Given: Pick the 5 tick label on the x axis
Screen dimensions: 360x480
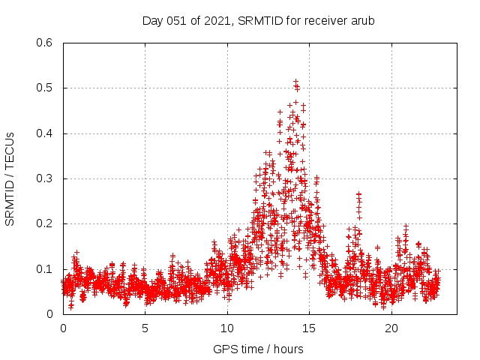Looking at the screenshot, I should click(145, 328).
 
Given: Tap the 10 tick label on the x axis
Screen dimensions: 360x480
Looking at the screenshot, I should click(227, 328).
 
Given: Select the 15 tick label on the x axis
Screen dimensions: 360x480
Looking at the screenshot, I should click(309, 328).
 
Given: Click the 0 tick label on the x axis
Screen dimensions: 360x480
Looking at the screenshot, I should click(63, 328).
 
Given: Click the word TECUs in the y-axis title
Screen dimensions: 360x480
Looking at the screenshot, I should click(10, 148).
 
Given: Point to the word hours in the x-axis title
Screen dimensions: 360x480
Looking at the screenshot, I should click(287, 349).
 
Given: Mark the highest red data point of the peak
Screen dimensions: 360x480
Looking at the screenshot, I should click(295, 81).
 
